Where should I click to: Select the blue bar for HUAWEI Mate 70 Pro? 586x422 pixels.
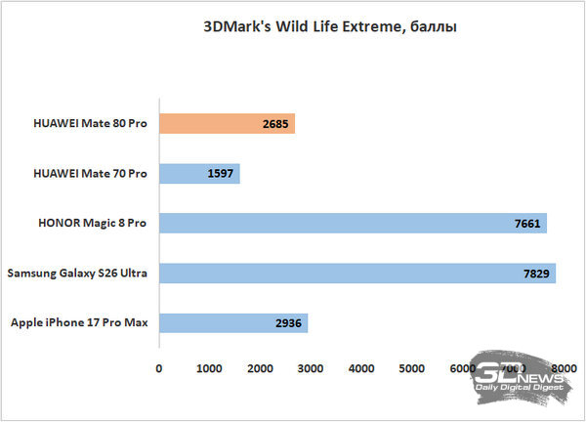(198, 174)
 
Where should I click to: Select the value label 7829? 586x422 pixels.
(537, 273)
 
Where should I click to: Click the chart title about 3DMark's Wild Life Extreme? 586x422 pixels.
(307, 27)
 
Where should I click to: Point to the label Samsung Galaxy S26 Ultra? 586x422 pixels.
(77, 273)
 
